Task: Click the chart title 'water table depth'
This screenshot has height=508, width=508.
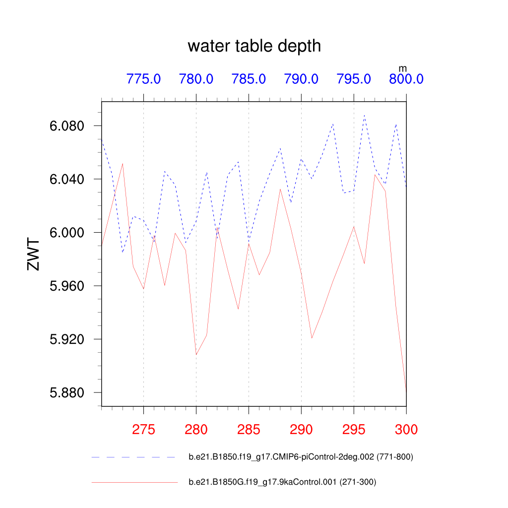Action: coord(254,46)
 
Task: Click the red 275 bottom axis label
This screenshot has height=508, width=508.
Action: coord(143,430)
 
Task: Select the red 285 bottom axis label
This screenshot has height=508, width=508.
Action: coord(249,430)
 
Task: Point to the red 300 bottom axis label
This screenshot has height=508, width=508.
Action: coord(406,430)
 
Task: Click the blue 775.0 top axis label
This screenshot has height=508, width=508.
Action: coord(143,79)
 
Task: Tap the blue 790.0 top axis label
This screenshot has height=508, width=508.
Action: coord(301,79)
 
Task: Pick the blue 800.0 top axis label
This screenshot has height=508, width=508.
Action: coord(406,79)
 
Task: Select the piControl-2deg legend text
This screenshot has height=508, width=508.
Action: coord(301,457)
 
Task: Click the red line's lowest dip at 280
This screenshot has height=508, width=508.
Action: coord(196,355)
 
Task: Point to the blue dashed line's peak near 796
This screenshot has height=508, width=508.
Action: coord(364,115)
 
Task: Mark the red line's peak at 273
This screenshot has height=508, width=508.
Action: coord(123,164)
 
